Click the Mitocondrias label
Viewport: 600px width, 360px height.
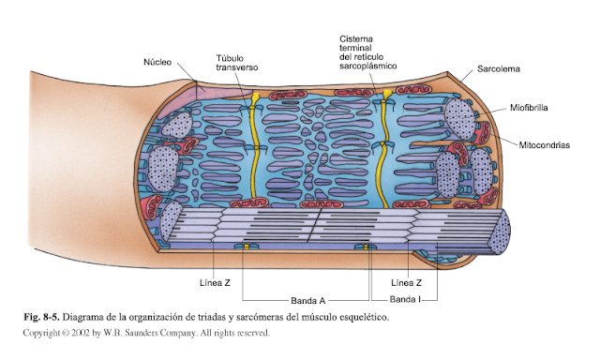[545, 144]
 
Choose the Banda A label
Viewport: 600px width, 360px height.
[307, 300]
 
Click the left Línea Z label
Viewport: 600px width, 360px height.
[216, 282]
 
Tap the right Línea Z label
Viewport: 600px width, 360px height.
[405, 282]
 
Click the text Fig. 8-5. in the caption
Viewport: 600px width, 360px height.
[42, 317]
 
